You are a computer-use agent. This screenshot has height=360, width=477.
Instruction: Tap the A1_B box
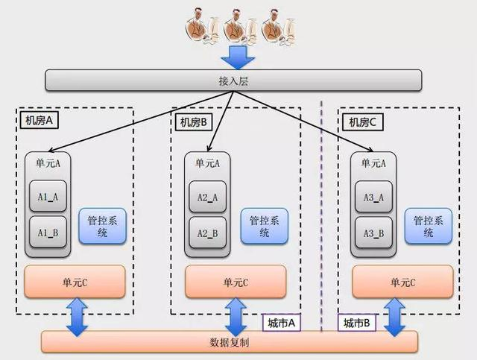pos(48,233)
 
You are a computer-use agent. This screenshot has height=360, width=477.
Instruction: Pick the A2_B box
pos(208,233)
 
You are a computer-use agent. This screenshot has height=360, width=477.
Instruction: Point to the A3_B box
pos(373,233)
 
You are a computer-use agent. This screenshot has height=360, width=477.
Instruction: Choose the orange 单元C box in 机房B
pos(235,282)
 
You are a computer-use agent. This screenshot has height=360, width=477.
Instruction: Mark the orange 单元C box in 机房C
pos(402,282)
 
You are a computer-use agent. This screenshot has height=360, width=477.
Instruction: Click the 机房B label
pos(196,121)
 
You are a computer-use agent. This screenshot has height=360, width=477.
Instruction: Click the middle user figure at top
pos(238,25)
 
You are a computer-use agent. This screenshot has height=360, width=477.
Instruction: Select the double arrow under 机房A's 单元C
pos(77,315)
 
